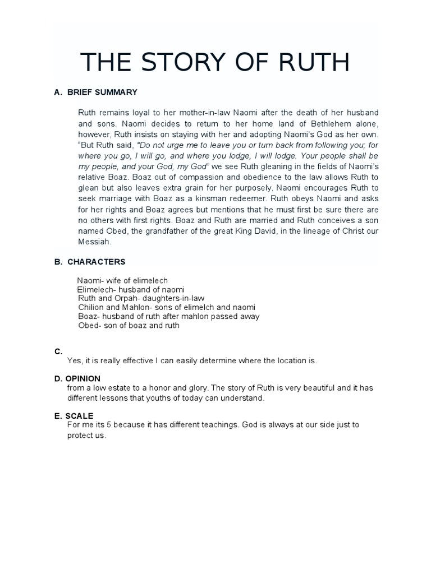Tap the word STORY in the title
click(x=178, y=62)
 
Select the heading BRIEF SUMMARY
click(x=102, y=92)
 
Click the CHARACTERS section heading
click(x=97, y=262)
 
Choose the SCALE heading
click(x=79, y=415)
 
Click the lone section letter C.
click(x=58, y=351)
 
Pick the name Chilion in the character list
click(x=91, y=307)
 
